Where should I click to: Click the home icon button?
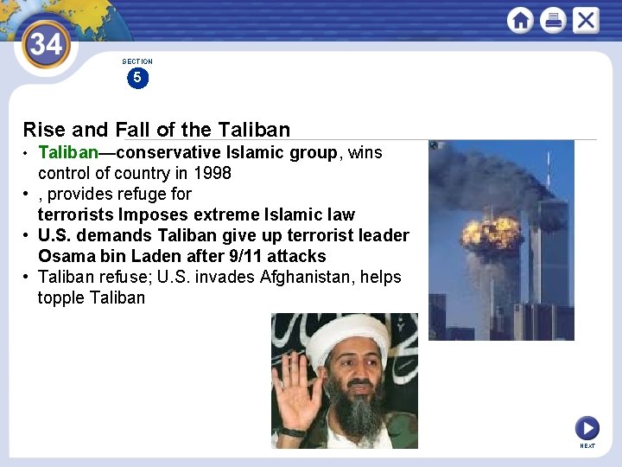pyautogui.click(x=520, y=20)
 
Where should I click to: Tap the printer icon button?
pyautogui.click(x=553, y=20)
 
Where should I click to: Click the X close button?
pyautogui.click(x=586, y=20)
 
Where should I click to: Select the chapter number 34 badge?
pyautogui.click(x=46, y=42)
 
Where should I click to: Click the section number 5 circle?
pyautogui.click(x=136, y=78)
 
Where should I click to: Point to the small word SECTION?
pyautogui.click(x=137, y=61)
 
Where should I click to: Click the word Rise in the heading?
pyautogui.click(x=44, y=130)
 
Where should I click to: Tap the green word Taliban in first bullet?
pyautogui.click(x=67, y=153)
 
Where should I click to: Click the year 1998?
pyautogui.click(x=213, y=173)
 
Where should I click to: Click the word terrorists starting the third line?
pyautogui.click(x=76, y=214)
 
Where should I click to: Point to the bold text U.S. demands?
pyautogui.click(x=92, y=235)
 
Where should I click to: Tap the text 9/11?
pyautogui.click(x=245, y=256)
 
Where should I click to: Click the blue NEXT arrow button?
pyautogui.click(x=587, y=428)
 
